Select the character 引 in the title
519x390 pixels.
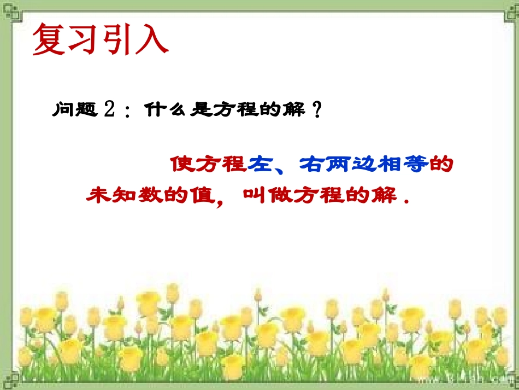(117, 39)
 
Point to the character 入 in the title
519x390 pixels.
(151, 39)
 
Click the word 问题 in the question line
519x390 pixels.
(75, 110)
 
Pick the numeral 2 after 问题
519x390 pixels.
(109, 110)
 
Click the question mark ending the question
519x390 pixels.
(315, 110)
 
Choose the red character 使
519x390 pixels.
(181, 165)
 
